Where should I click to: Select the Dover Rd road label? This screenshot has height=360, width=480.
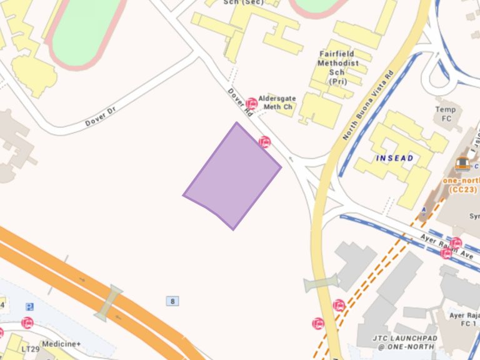[x=240, y=102]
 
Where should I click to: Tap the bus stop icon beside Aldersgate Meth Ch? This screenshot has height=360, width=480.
[x=252, y=103]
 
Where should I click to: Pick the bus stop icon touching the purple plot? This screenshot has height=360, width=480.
[x=265, y=142]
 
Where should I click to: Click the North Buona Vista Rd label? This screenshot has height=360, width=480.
[x=367, y=104]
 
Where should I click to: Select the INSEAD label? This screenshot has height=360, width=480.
[x=394, y=158]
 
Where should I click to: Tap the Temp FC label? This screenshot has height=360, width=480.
[x=446, y=114]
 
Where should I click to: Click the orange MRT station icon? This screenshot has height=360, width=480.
[x=462, y=164]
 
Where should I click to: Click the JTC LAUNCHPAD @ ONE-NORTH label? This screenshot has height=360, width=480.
[x=405, y=343]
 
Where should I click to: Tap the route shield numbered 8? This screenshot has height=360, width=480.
[x=172, y=301]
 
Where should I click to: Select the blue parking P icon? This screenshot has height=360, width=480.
[x=29, y=307]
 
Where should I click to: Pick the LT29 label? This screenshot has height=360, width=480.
[x=30, y=349]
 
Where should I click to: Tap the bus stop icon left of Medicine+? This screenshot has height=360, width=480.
[x=27, y=322]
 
